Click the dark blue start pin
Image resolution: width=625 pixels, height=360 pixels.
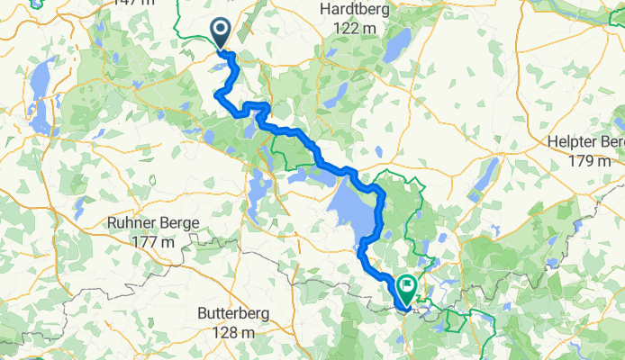[x=221, y=34]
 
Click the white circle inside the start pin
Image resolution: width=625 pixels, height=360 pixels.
[x=221, y=30]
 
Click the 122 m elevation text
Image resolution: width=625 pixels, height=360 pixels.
[x=354, y=29]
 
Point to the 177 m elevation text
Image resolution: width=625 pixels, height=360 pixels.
[x=153, y=242]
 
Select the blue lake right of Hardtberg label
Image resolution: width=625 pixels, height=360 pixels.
[x=396, y=45]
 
